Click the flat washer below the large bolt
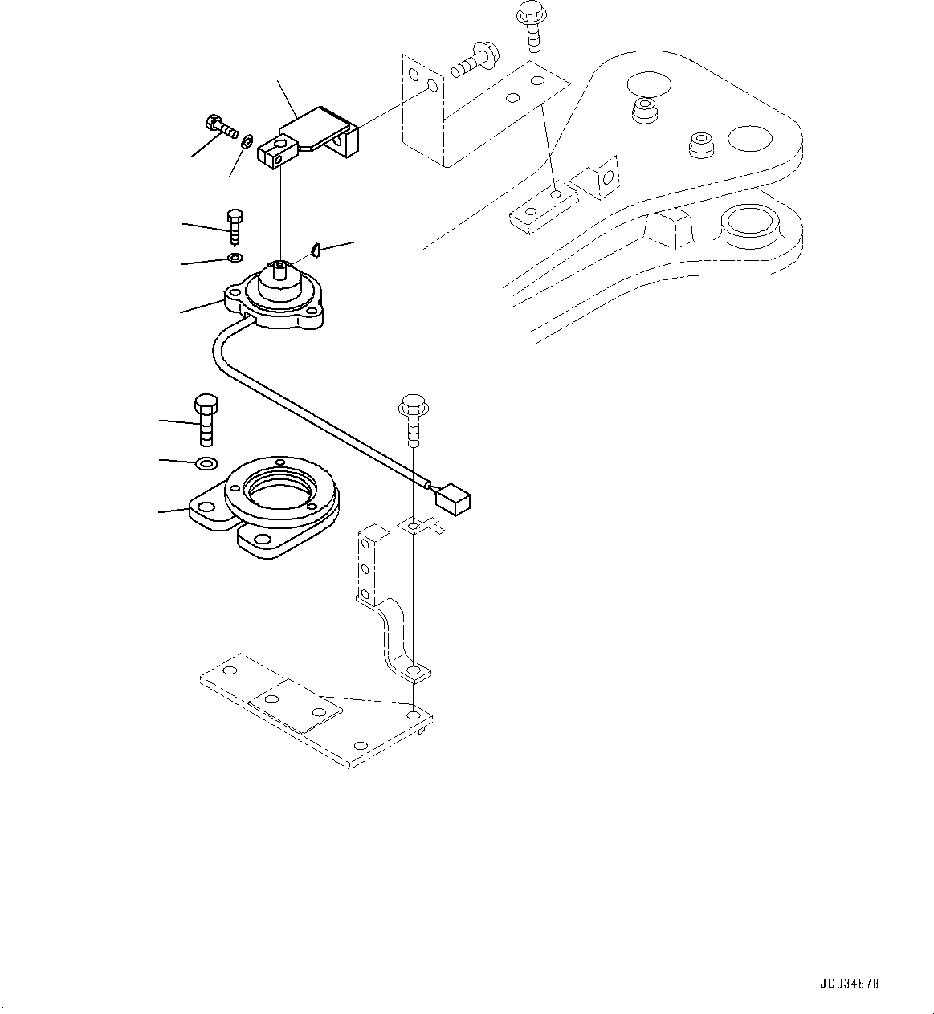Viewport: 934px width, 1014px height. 206,463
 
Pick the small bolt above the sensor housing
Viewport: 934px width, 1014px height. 235,226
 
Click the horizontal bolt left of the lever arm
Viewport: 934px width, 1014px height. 218,126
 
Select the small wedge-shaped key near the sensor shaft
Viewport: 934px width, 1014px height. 316,250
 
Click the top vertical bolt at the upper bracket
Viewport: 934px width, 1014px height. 529,24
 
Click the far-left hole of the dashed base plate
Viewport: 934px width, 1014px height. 230,670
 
